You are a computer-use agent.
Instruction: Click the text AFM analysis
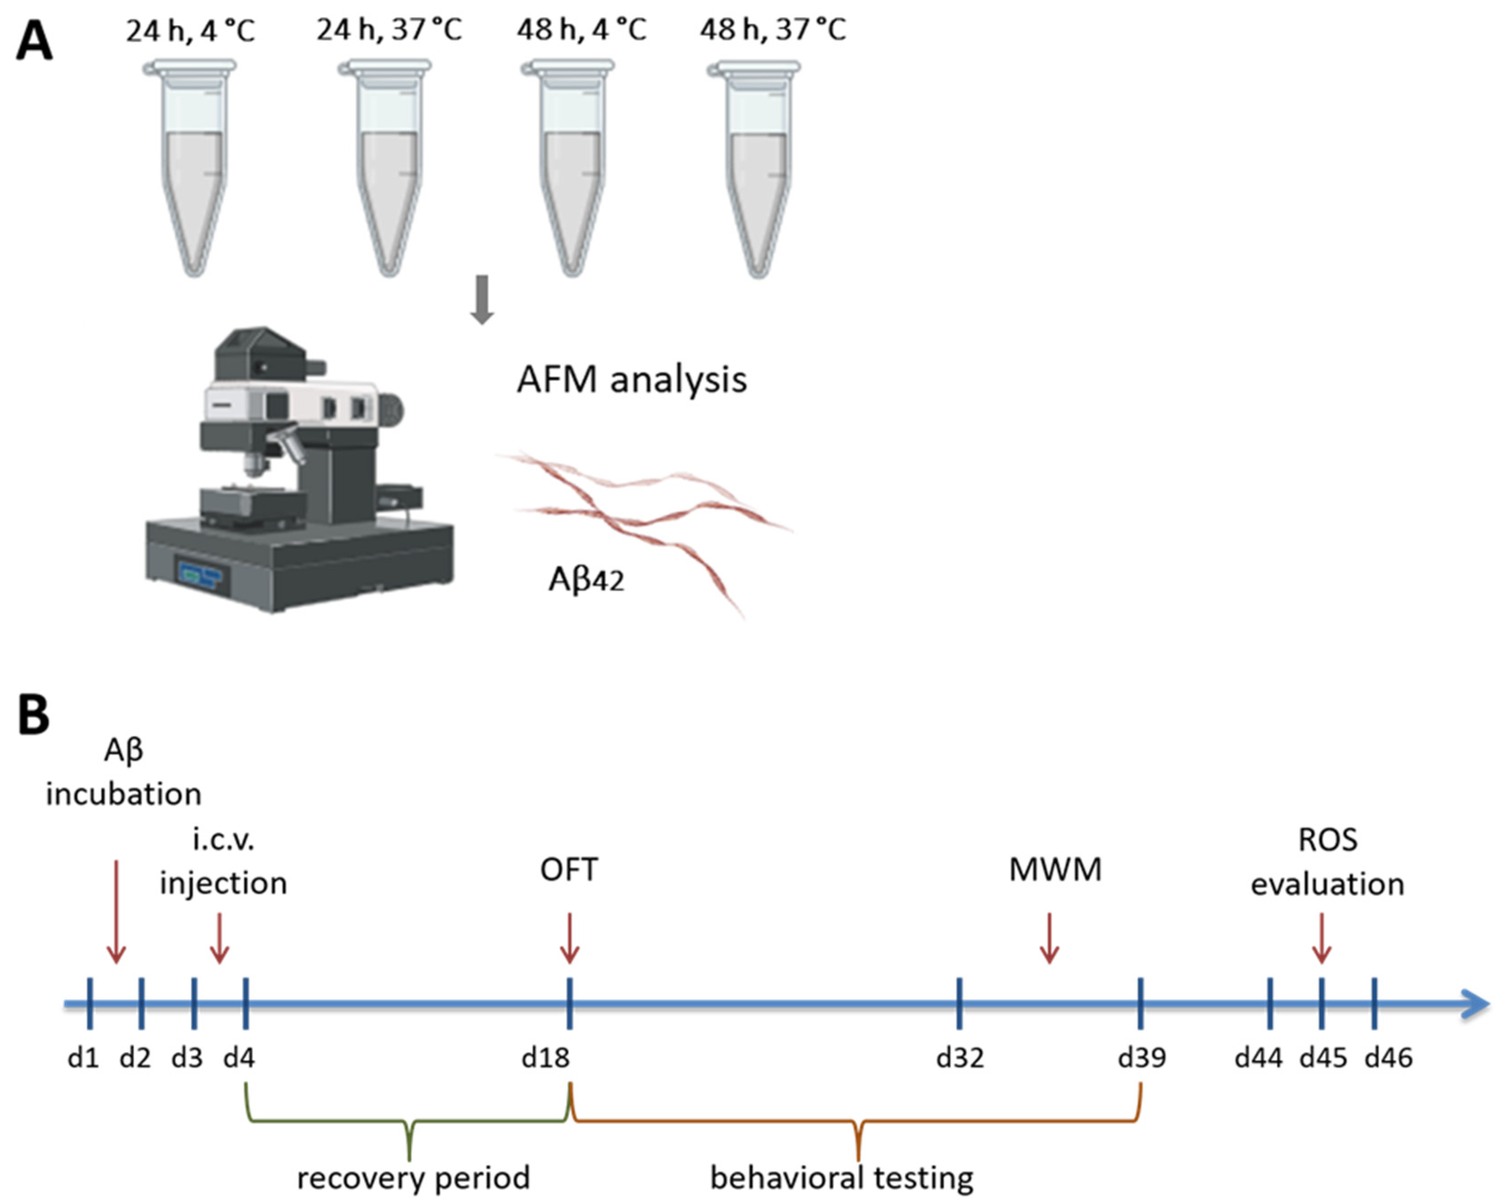pyautogui.click(x=631, y=380)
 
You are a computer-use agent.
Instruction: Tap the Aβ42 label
pyautogui.click(x=586, y=579)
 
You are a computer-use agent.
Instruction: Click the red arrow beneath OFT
pyautogui.click(x=569, y=939)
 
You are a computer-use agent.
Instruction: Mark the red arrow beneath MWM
pyautogui.click(x=1049, y=939)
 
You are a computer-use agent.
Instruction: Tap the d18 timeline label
pyautogui.click(x=546, y=1058)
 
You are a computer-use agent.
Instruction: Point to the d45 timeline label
pyautogui.click(x=1323, y=1058)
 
